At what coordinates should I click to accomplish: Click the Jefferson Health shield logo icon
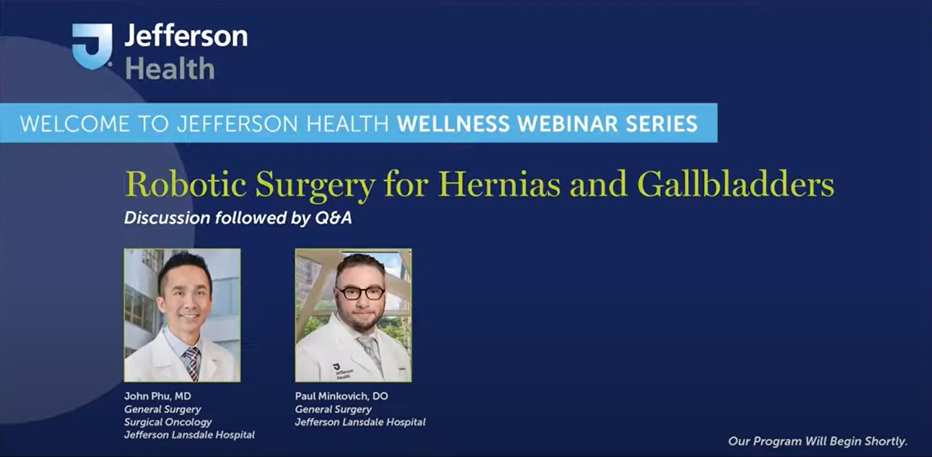point(92,46)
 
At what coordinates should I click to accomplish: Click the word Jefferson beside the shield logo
point(186,36)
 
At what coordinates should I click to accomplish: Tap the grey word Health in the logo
point(170,68)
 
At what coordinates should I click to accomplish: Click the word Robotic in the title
point(186,185)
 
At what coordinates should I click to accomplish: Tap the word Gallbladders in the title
point(735,185)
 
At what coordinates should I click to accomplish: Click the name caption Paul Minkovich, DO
point(342,396)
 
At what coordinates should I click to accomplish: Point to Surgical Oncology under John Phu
point(168,422)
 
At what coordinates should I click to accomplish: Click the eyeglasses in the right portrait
point(360,292)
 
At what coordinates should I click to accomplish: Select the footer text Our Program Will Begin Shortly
point(818,441)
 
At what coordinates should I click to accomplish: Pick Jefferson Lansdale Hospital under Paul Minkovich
point(360,422)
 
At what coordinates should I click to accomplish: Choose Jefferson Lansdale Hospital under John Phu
point(189,435)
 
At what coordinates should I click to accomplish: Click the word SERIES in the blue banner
point(662,123)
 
